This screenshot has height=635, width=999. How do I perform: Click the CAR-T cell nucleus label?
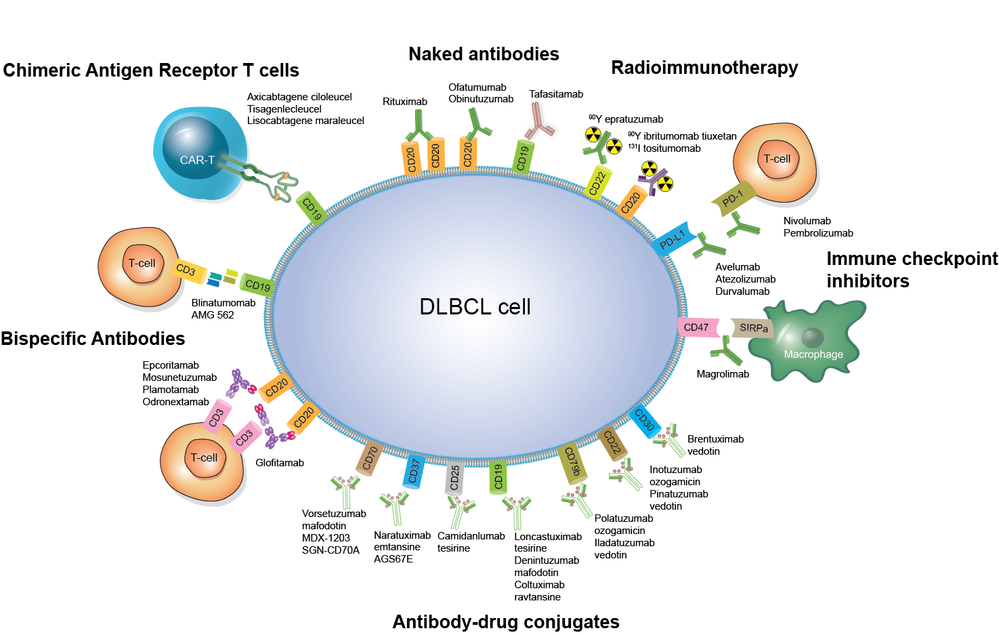pyautogui.click(x=197, y=160)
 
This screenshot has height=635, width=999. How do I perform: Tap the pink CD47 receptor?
pyautogui.click(x=697, y=327)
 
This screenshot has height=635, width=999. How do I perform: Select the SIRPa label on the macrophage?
pyautogui.click(x=753, y=328)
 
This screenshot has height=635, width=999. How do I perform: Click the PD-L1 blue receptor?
pyautogui.click(x=674, y=239)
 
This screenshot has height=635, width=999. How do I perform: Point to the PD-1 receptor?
pyautogui.click(x=733, y=199)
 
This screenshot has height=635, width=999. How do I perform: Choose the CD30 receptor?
pyautogui.click(x=645, y=420)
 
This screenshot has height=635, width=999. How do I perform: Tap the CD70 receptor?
pyautogui.click(x=370, y=459)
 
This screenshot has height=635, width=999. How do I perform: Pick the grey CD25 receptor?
pyautogui.click(x=455, y=477)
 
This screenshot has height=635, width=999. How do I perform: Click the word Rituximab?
pyautogui.click(x=405, y=102)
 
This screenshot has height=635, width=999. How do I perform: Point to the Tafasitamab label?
pyautogui.click(x=556, y=94)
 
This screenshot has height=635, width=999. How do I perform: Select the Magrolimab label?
pyautogui.click(x=723, y=374)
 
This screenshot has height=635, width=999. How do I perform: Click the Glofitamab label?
pyautogui.click(x=280, y=463)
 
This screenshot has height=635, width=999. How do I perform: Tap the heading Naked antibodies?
pyautogui.click(x=484, y=54)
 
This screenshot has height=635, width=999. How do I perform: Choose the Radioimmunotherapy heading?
pyautogui.click(x=704, y=68)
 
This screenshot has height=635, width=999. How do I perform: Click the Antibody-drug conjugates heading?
pyautogui.click(x=506, y=622)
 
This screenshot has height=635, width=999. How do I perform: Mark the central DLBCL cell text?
pyautogui.click(x=475, y=307)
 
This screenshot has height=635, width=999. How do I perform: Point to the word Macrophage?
pyautogui.click(x=813, y=354)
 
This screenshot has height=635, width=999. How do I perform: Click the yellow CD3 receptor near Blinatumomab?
pyautogui.click(x=186, y=269)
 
